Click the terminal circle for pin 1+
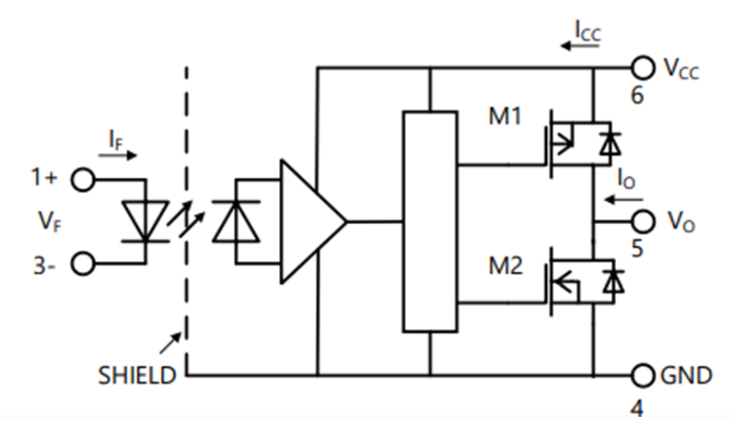84,180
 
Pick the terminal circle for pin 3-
84,264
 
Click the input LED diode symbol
145,221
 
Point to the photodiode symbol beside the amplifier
234,221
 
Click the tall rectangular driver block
430,221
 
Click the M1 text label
505,117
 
